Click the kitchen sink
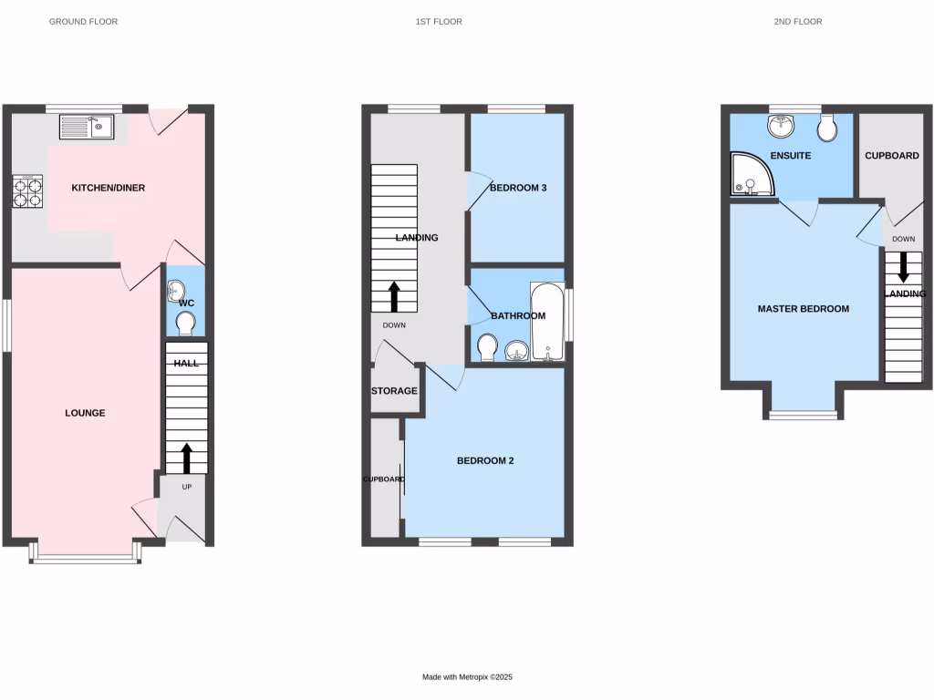click(x=87, y=127)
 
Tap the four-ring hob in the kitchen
click(x=26, y=192)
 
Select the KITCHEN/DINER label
click(x=109, y=189)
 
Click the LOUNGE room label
click(x=85, y=413)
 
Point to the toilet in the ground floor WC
click(x=185, y=324)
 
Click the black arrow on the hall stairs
click(x=187, y=458)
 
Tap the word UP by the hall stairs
click(x=187, y=487)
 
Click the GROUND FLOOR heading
click(x=83, y=21)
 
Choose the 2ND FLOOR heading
click(x=797, y=21)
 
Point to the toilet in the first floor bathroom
click(x=487, y=347)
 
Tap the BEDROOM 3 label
click(x=518, y=189)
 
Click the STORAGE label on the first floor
click(x=394, y=391)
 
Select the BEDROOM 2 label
click(x=485, y=461)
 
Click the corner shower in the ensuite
click(x=752, y=175)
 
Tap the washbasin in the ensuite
click(x=782, y=125)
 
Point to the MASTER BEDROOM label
click(x=804, y=309)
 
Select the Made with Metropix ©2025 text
click(x=468, y=677)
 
